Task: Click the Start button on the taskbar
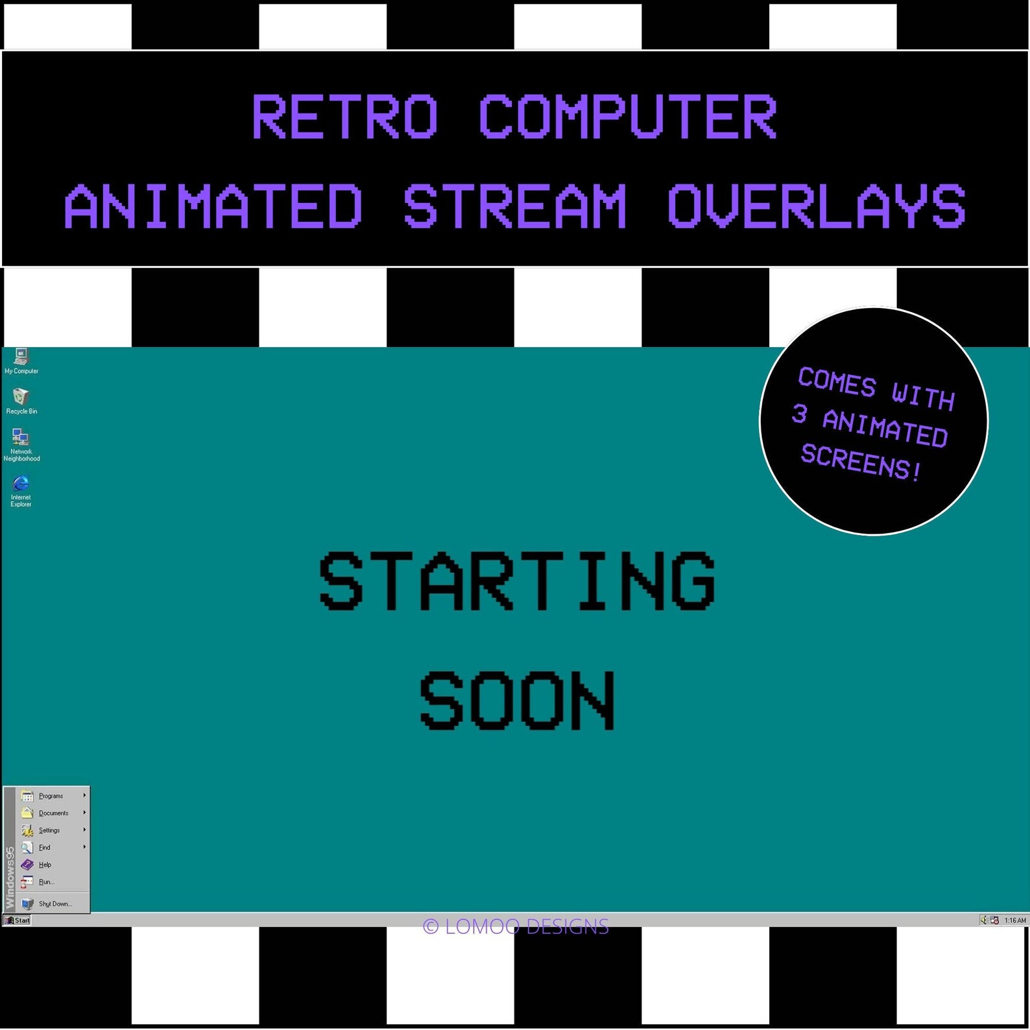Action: click(x=18, y=920)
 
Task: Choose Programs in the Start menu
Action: click(x=51, y=796)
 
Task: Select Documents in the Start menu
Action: click(x=53, y=813)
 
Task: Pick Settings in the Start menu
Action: click(x=49, y=830)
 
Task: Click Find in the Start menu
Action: click(x=44, y=847)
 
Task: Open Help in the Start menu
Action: click(x=45, y=865)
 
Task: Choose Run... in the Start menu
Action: click(x=46, y=882)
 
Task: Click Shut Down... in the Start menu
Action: click(x=54, y=904)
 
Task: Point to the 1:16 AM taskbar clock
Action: click(x=1015, y=920)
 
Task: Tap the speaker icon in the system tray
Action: click(x=983, y=920)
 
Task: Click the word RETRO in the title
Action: click(x=344, y=117)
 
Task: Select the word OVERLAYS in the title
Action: click(x=816, y=206)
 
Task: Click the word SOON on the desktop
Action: click(x=516, y=701)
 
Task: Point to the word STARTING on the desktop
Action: click(x=516, y=581)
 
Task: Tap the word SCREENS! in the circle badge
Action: click(x=861, y=462)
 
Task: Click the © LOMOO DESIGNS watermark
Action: click(x=516, y=926)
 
